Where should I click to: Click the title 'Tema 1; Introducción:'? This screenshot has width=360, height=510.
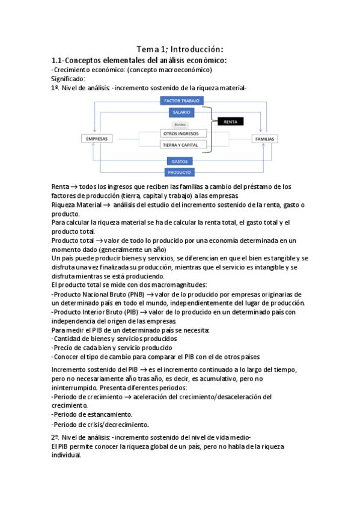[x=180, y=49]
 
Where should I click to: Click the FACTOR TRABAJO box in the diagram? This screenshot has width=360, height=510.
[x=183, y=101]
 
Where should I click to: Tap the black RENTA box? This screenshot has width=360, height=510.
[x=230, y=121]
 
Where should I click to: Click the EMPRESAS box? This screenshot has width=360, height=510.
[x=97, y=139]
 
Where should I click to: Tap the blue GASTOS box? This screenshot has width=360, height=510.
[x=180, y=161]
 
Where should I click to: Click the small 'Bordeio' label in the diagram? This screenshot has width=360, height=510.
[x=180, y=124]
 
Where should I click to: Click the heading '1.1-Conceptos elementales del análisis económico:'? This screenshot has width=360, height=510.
[x=139, y=60]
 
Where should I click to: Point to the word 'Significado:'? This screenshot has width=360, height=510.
[x=69, y=78]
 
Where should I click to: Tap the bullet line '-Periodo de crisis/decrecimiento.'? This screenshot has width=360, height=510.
[x=100, y=424]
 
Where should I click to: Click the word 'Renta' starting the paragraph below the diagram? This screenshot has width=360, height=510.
[x=60, y=186]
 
